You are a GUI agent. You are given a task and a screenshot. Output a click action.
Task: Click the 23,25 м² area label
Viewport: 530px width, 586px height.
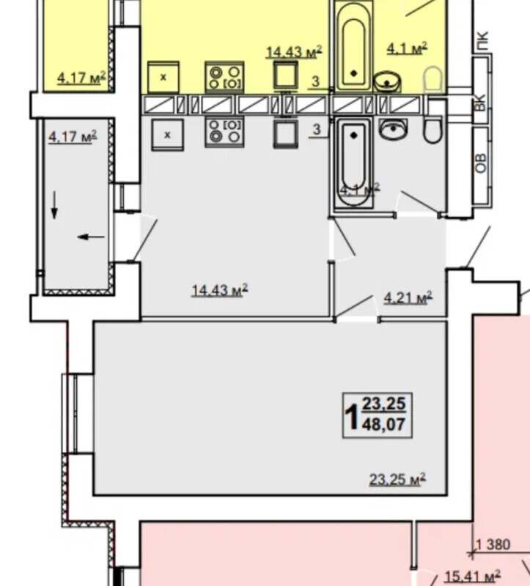[397, 480]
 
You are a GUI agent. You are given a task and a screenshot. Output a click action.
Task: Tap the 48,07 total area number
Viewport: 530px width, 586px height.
[383, 425]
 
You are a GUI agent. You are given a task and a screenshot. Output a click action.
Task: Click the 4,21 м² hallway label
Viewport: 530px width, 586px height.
[408, 298]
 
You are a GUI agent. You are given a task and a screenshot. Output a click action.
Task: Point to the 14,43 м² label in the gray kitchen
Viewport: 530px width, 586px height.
[220, 290]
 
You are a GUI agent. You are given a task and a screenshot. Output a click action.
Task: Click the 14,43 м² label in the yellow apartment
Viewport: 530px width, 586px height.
[294, 52]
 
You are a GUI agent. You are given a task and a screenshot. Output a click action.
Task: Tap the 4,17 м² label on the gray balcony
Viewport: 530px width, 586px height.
[73, 136]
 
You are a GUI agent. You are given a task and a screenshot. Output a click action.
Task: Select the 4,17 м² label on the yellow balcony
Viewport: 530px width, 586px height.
[81, 78]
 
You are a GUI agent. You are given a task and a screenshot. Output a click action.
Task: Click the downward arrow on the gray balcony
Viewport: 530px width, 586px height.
[54, 205]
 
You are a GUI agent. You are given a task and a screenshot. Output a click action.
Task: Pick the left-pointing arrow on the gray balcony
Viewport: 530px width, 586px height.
[91, 237]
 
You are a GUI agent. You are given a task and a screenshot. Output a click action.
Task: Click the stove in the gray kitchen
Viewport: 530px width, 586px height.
[224, 133]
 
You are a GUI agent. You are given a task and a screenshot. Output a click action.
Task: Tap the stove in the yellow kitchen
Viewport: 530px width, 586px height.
[224, 78]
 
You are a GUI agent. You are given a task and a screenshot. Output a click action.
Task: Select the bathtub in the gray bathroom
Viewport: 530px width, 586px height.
[353, 163]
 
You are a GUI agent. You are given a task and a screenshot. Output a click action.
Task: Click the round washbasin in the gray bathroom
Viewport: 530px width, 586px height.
[393, 130]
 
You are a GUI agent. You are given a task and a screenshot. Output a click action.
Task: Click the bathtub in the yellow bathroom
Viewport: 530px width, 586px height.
[354, 46]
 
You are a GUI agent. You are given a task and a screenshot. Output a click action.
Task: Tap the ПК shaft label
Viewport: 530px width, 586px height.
[482, 42]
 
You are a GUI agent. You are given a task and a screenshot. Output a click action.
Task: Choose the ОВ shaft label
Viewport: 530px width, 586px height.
[482, 163]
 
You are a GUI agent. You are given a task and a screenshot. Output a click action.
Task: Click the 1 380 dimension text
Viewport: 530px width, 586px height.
[493, 544]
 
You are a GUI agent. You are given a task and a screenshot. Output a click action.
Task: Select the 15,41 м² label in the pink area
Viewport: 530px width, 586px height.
[473, 576]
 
